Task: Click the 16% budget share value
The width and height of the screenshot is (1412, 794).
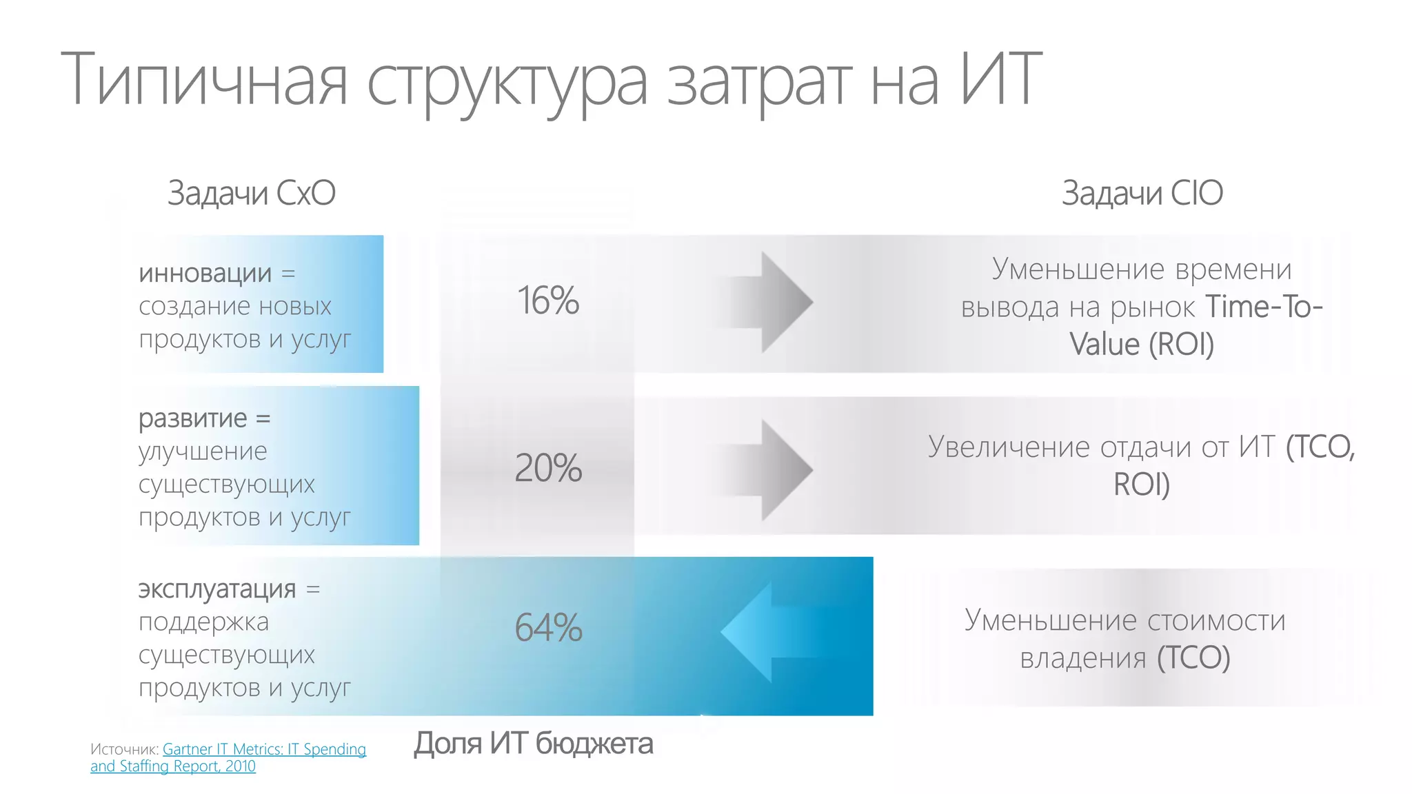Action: pos(548,301)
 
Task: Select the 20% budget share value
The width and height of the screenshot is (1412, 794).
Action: pos(548,468)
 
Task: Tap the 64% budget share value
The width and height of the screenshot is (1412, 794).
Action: pos(548,628)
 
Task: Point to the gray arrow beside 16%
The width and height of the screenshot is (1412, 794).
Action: pos(772,302)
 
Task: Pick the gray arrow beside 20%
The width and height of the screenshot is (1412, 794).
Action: pos(772,470)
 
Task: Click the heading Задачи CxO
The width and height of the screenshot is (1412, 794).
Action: pos(252,193)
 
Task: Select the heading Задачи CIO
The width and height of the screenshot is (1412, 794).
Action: pos(1142,193)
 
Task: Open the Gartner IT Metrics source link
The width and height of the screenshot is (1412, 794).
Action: pos(264,750)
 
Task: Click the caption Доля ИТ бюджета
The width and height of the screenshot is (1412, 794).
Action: pos(533,744)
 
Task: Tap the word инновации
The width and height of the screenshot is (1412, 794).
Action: pos(205,274)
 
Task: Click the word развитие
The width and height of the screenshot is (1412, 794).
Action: pos(192,418)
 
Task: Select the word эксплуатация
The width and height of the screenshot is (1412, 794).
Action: pos(217,589)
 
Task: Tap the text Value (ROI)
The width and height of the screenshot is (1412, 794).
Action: pos(1142,344)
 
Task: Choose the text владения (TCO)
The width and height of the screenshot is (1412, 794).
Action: pos(1125,658)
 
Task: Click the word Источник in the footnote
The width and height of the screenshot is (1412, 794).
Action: pos(124,749)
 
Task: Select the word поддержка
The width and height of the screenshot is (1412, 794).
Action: pos(203,622)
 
